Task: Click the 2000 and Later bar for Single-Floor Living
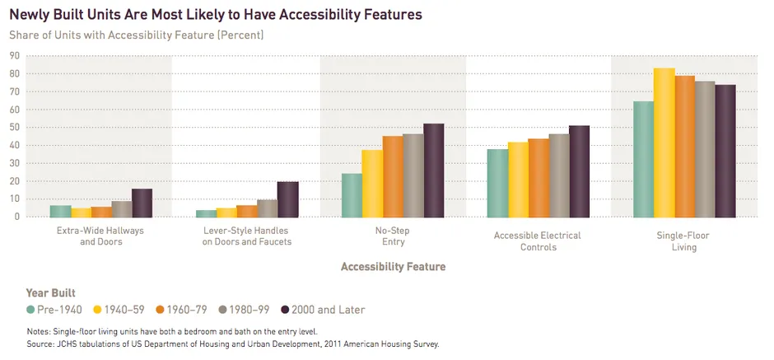pyautogui.click(x=725, y=151)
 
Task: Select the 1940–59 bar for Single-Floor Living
pyautogui.click(x=663, y=143)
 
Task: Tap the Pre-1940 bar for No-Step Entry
pyautogui.click(x=352, y=195)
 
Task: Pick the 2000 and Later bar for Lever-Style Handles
pyautogui.click(x=288, y=199)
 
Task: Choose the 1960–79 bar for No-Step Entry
pyautogui.click(x=393, y=176)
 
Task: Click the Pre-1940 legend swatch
pyautogui.click(x=30, y=310)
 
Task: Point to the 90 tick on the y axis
pyautogui.click(x=14, y=55)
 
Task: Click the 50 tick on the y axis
pyautogui.click(x=14, y=127)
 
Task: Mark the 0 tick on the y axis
pyautogui.click(x=16, y=217)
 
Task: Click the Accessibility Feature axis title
pyautogui.click(x=392, y=267)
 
